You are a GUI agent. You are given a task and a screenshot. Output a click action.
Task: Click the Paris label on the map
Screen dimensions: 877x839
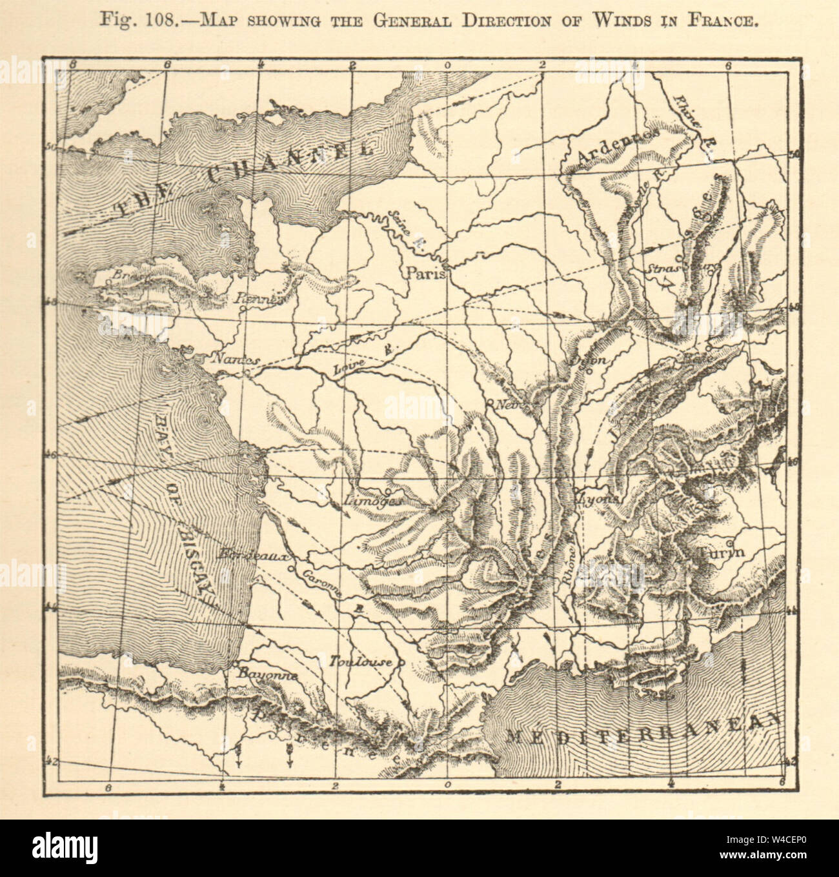click(x=427, y=273)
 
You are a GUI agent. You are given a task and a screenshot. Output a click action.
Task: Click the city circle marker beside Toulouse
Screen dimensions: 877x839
click(x=401, y=662)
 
